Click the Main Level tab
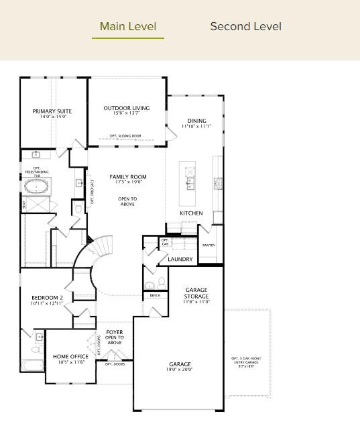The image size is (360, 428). point(127,27)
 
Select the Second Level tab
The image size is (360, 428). point(245,27)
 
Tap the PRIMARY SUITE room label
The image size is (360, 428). point(52,111)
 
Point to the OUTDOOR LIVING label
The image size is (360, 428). point(127,107)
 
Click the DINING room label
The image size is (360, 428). point(196,121)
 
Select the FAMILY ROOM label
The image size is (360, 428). point(128,177)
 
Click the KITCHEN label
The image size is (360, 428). point(191,213)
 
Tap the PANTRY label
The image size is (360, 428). point(208,246)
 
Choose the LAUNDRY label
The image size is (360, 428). point(180,259)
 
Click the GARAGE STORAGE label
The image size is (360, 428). point(196,293)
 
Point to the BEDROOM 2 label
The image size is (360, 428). point(47,298)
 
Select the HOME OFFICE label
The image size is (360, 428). point(70,356)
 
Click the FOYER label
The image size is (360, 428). point(115,331)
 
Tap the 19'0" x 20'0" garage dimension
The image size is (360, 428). point(180,370)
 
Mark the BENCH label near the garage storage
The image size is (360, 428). point(155,296)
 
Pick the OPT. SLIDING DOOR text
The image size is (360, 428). point(126,136)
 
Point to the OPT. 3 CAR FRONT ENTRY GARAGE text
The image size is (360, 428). point(246,360)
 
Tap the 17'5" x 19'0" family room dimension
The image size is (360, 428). point(128,183)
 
